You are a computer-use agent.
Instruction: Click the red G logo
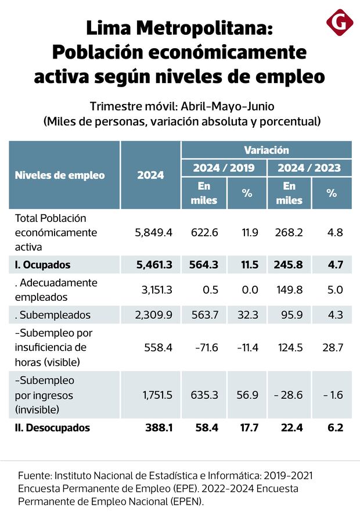pos(340,23)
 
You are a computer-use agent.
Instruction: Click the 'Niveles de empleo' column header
pos(59,175)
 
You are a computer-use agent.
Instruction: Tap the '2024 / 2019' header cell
pos(224,168)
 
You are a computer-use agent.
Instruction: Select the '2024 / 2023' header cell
pos(309,168)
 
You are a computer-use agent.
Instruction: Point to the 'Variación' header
pos(267,150)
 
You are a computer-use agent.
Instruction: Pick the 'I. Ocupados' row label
pos(42,265)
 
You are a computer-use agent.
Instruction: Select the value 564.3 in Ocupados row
pos(204,265)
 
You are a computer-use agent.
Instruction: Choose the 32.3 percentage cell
pos(247,315)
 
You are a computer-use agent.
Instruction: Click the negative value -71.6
pos(204,347)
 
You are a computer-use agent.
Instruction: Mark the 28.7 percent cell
pos(332,347)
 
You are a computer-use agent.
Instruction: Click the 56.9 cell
pos(247,395)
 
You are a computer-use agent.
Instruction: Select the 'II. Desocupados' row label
pos(52,428)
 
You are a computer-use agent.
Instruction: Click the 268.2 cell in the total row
pos(289,232)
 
